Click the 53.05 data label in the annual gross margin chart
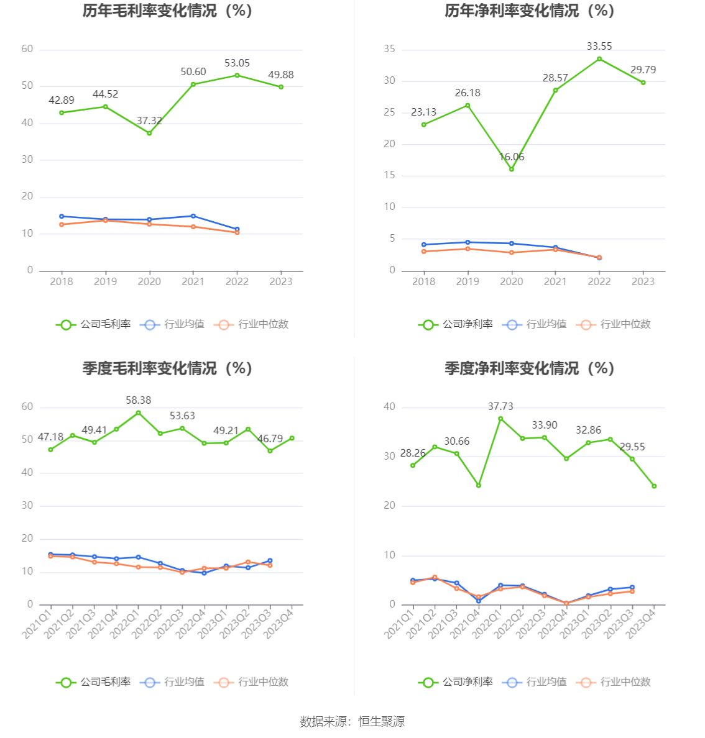tap(237, 63)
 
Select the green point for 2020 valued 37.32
tap(149, 133)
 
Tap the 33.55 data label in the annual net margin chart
tap(599, 47)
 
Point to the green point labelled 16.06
tap(512, 169)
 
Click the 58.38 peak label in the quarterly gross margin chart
tap(138, 401)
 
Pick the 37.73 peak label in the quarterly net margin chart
tap(500, 407)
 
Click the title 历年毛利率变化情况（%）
tap(167, 11)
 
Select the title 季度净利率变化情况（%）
tap(529, 369)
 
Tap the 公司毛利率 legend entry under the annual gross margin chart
tap(94, 324)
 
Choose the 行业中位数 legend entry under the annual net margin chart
tap(614, 324)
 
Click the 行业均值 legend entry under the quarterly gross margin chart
tap(173, 682)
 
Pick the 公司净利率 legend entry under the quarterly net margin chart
tap(456, 682)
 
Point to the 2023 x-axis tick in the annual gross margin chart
tap(281, 282)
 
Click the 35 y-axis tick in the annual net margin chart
tap(390, 50)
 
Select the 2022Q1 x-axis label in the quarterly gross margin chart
tap(124, 622)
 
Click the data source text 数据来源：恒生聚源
tap(352, 722)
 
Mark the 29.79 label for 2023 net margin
tap(643, 70)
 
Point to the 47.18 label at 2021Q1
tap(50, 437)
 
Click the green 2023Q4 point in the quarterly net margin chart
tap(654, 486)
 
